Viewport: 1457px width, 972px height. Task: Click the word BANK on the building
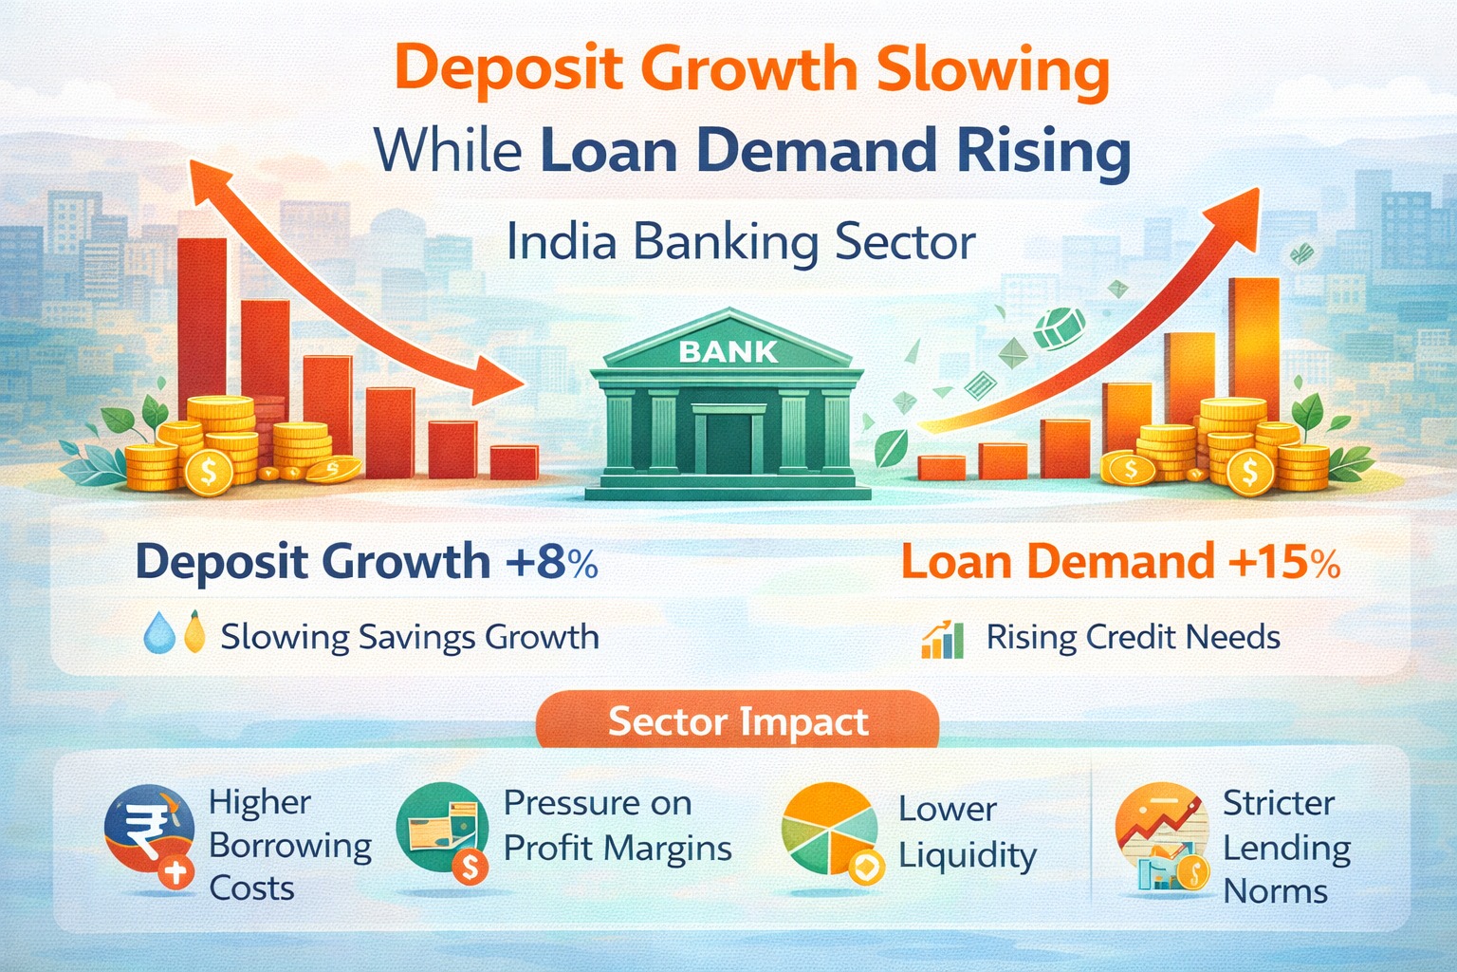point(728,352)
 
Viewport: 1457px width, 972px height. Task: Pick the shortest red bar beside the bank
point(514,462)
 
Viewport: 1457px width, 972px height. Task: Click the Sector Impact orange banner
point(737,722)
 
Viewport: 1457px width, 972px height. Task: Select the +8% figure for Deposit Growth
point(551,561)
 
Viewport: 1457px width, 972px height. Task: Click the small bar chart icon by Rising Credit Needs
point(942,639)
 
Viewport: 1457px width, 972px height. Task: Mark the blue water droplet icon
point(158,634)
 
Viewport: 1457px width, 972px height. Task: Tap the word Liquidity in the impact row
point(967,856)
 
